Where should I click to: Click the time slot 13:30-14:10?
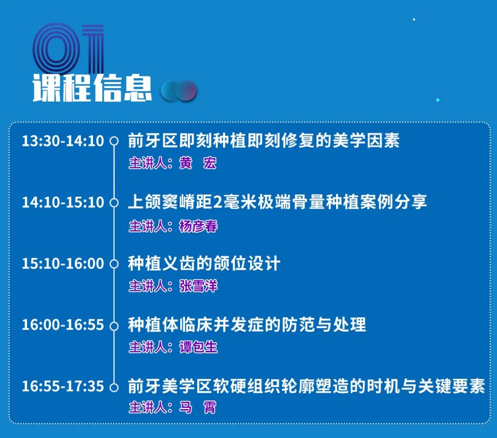(63, 141)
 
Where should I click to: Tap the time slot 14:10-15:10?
(63, 202)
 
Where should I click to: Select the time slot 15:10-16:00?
(63, 264)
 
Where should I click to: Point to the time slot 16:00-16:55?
(63, 325)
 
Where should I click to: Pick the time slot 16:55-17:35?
(63, 386)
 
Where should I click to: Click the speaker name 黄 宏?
(198, 163)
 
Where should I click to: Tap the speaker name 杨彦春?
(199, 226)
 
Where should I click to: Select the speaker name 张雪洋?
(199, 286)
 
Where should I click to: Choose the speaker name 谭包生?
(199, 347)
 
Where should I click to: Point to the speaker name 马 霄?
(198, 407)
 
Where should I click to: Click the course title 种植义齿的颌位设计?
(204, 263)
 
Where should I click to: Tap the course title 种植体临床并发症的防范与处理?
(247, 325)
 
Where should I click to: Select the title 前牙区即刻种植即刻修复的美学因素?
(264, 141)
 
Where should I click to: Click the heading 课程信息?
(92, 88)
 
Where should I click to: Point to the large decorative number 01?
(68, 49)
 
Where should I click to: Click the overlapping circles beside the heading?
(178, 91)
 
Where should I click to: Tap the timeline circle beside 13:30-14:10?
(114, 141)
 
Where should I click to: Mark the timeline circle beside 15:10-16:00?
(114, 264)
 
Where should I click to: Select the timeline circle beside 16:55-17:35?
(114, 387)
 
